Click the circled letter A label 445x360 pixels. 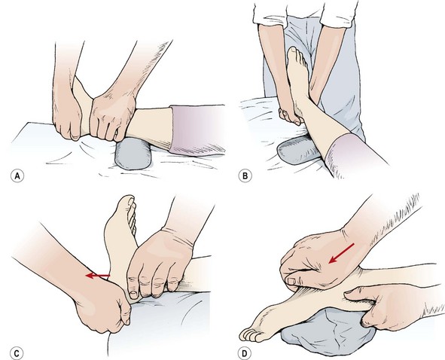click(x=17, y=176)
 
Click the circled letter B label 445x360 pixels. click(x=245, y=176)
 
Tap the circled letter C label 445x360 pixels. click(x=17, y=353)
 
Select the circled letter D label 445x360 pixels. click(x=245, y=353)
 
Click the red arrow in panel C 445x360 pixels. click(x=98, y=276)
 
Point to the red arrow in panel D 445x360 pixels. click(x=341, y=253)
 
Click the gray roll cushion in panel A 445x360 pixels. click(x=133, y=153)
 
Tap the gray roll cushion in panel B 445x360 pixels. click(x=298, y=150)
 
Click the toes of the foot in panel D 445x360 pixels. click(x=250, y=335)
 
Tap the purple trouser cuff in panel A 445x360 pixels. click(x=196, y=130)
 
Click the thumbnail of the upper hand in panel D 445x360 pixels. click(x=292, y=281)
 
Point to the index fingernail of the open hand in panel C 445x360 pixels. click(x=133, y=293)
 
